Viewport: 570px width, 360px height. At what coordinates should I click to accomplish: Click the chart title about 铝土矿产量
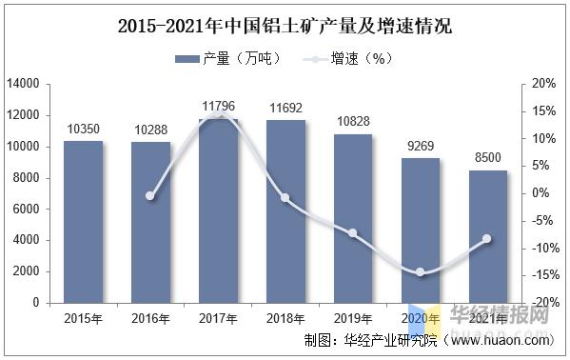[x=285, y=26]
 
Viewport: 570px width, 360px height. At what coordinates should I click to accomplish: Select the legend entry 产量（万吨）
[x=229, y=58]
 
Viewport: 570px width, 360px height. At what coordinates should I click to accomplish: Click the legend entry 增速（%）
[x=346, y=58]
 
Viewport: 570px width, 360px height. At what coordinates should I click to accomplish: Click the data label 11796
[x=218, y=104]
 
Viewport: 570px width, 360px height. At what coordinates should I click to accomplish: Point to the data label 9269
[x=420, y=146]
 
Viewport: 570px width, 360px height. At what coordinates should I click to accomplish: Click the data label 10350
[x=84, y=128]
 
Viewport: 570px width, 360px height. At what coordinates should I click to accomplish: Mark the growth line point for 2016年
[x=150, y=196]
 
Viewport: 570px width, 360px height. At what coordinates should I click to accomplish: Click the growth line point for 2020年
[x=420, y=272]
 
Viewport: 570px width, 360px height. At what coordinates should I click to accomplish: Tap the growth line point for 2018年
[x=285, y=198]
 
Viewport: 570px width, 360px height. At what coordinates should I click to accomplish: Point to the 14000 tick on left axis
[x=25, y=84]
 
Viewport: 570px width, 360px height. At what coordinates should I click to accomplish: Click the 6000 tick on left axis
[x=28, y=210]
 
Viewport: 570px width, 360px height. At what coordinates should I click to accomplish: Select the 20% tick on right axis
[x=544, y=84]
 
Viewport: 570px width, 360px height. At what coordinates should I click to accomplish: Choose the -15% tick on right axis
[x=543, y=275]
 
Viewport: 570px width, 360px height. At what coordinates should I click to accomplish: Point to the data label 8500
[x=487, y=159]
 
